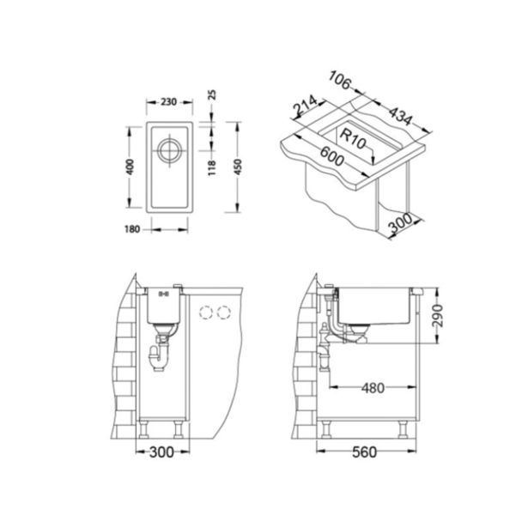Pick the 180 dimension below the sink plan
131,228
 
